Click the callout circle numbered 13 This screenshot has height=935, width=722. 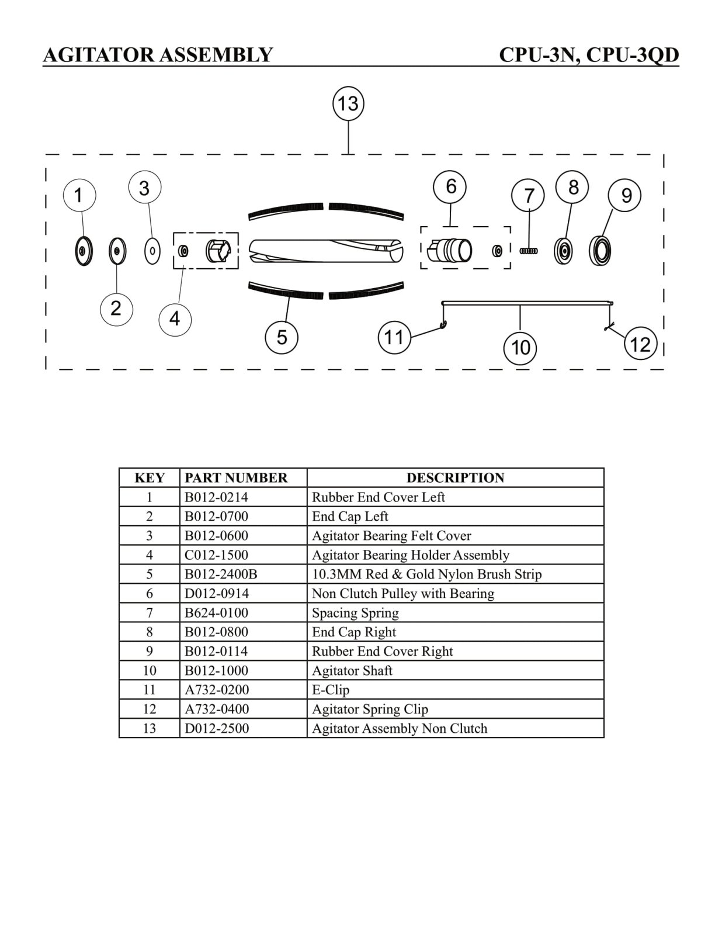(x=348, y=104)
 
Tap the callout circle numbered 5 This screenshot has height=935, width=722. (x=282, y=337)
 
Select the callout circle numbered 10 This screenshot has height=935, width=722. (x=520, y=348)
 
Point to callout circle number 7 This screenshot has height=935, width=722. (x=528, y=196)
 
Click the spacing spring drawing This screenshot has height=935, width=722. (x=529, y=251)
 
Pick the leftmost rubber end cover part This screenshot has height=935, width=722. (x=84, y=251)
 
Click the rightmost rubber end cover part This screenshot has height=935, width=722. (x=600, y=251)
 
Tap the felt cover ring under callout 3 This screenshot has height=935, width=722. (x=152, y=251)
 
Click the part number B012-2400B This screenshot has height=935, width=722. (x=221, y=574)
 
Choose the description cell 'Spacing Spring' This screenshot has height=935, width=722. (x=355, y=613)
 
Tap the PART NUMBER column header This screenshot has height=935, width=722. (x=236, y=478)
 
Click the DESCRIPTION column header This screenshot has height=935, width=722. (x=455, y=478)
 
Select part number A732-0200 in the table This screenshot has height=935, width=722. (x=217, y=690)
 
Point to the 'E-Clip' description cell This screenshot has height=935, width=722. (x=331, y=690)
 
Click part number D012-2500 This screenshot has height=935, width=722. (x=217, y=729)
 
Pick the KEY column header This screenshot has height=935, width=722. (x=150, y=478)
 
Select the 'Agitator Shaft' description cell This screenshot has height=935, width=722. (x=352, y=671)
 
